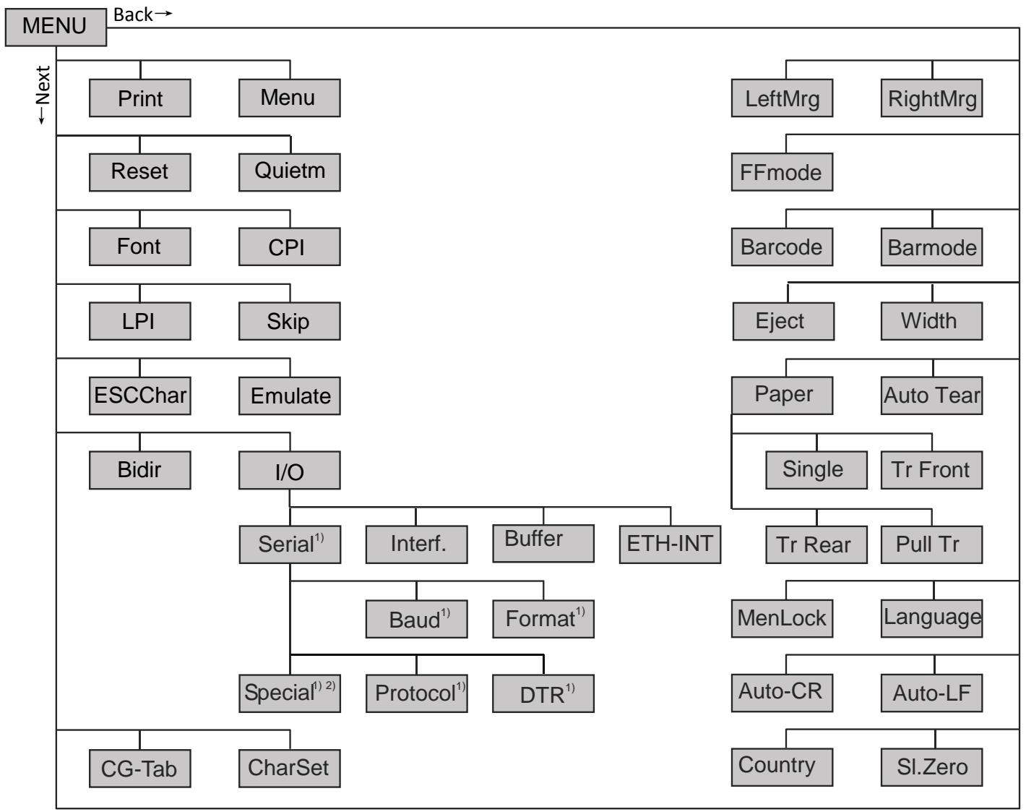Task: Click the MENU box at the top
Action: pos(56,27)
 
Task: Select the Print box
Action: pos(139,98)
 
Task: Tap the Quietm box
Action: pos(289,172)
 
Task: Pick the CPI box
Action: pos(289,247)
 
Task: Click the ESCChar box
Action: pos(139,396)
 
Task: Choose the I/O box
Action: pos(289,471)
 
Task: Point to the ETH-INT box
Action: pos(670,544)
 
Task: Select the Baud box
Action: pos(416,619)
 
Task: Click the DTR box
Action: pos(543,694)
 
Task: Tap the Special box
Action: pos(289,693)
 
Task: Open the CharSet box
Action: pos(289,768)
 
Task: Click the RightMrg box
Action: pos(931,98)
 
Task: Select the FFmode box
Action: pos(781,172)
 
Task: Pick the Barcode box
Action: pos(781,247)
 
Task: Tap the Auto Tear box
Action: pos(931,396)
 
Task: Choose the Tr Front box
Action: pos(931,470)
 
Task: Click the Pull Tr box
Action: pos(931,544)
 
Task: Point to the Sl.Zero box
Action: pos(931,767)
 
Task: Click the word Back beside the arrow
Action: pos(134,14)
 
